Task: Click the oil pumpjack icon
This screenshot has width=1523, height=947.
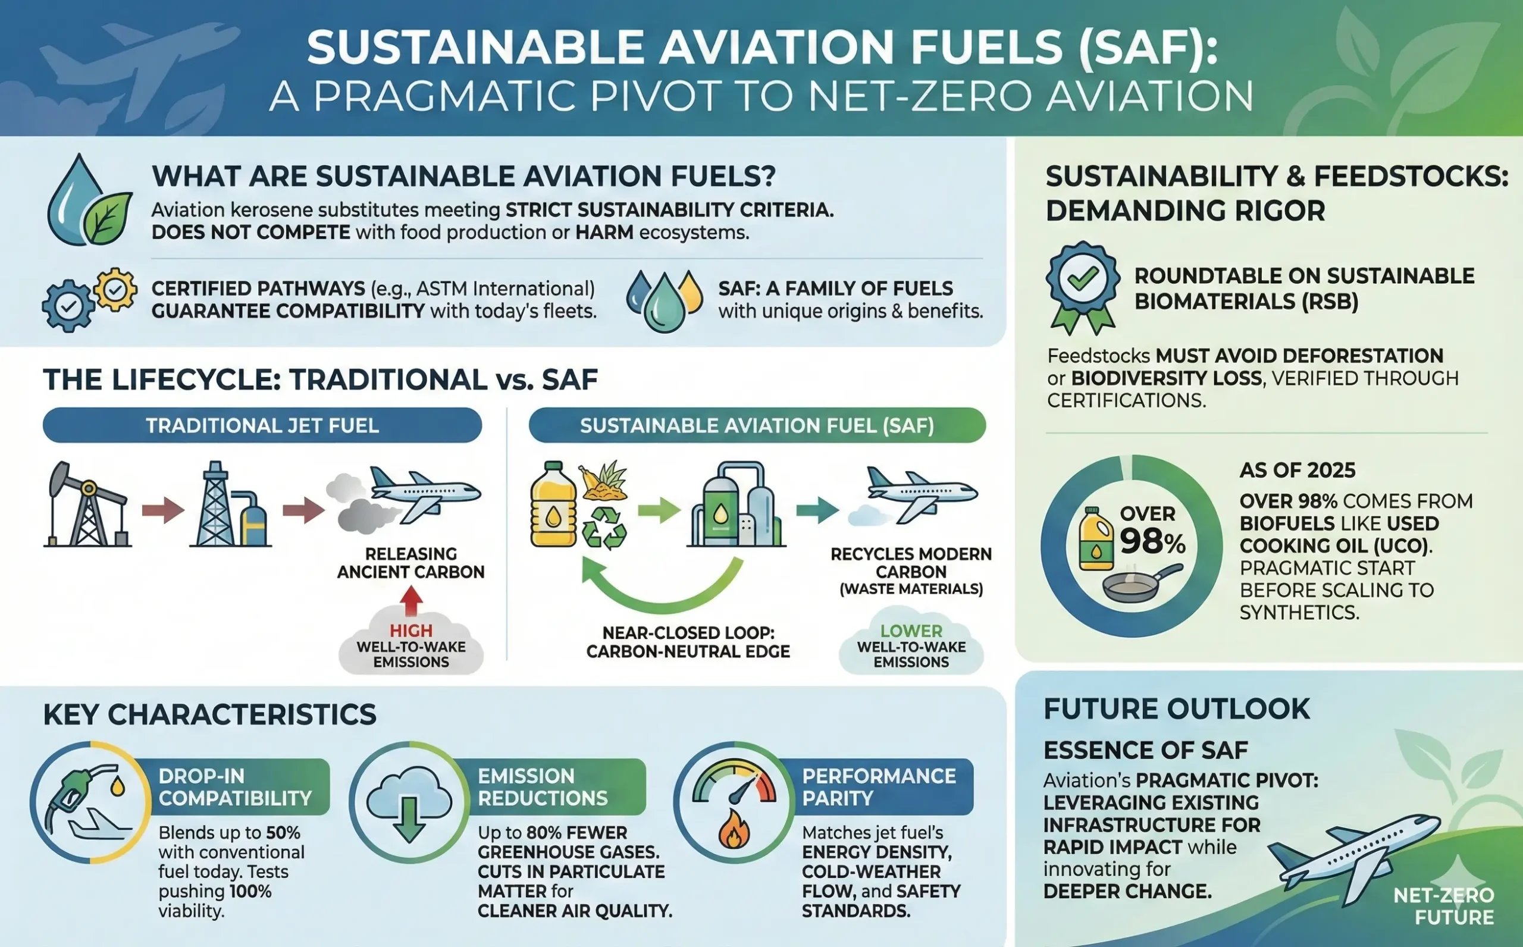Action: (x=87, y=505)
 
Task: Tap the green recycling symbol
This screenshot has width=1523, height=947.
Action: (x=604, y=528)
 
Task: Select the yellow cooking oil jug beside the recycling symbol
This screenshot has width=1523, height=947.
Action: (x=553, y=505)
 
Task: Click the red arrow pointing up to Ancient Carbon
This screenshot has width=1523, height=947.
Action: (x=411, y=600)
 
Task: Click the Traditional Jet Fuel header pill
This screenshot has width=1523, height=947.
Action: (x=262, y=426)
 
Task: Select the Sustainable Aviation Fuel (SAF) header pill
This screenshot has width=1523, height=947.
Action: (x=757, y=426)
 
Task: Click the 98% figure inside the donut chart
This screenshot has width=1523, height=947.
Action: (x=1152, y=541)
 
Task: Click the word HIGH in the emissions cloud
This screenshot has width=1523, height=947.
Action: (x=411, y=631)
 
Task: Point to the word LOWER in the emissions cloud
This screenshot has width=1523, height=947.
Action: (x=911, y=631)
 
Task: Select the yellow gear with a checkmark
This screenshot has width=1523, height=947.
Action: (x=115, y=290)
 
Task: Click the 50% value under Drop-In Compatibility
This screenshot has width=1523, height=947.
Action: (x=283, y=833)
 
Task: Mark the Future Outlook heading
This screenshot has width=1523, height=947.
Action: (x=1176, y=710)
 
